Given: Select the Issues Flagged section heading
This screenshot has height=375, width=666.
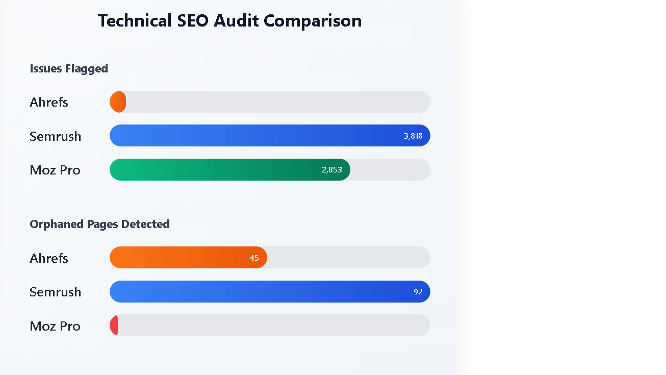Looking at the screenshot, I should [x=69, y=68].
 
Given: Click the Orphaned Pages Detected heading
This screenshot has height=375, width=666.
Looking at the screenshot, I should [x=99, y=224].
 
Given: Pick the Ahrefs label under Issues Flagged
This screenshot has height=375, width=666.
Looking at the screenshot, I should [x=49, y=102].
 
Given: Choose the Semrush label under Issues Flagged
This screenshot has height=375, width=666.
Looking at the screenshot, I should [x=55, y=136].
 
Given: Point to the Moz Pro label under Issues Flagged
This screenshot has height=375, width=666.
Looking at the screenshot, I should [x=55, y=170].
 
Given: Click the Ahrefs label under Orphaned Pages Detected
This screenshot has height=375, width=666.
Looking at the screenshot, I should [x=49, y=258].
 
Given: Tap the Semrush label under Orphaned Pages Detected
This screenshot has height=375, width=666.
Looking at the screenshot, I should [x=55, y=292].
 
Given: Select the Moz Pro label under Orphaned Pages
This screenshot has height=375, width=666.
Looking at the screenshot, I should [x=55, y=326].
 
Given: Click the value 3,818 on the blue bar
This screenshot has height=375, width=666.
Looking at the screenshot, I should [x=413, y=136].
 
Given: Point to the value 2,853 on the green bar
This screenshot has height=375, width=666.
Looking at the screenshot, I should [x=332, y=170].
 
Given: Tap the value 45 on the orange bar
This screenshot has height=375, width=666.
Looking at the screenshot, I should [x=254, y=258].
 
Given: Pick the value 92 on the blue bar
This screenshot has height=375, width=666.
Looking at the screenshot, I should [x=418, y=292].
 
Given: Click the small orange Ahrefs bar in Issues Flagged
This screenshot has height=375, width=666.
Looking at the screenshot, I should [x=118, y=102].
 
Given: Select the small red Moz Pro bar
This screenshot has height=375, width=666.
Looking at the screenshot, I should [x=114, y=326].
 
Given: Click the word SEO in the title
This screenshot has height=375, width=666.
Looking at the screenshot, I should [x=193, y=21].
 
